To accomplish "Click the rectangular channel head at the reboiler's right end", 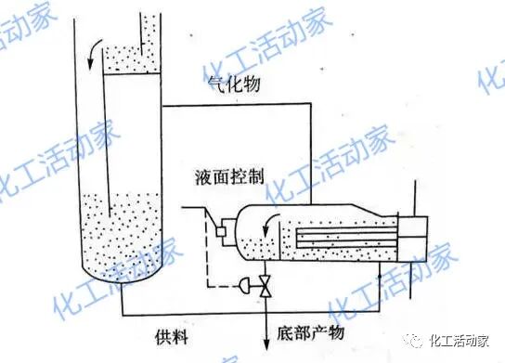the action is [415, 238].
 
